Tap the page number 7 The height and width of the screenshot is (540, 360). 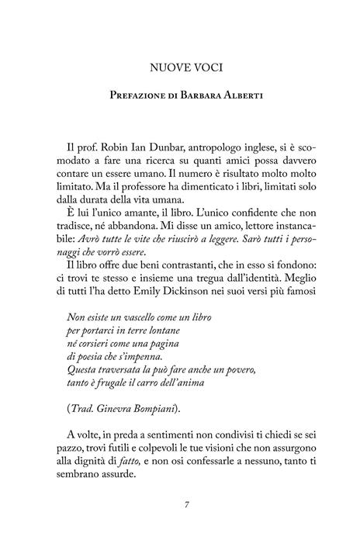(x=180, y=526)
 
